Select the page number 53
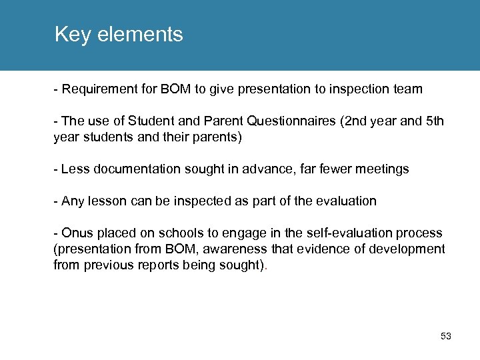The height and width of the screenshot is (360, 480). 446,337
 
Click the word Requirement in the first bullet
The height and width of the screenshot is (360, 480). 95,89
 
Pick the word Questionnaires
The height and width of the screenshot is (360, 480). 291,121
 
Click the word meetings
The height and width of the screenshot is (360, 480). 383,169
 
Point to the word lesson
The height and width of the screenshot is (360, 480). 105,201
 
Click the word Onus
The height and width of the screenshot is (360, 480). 75,233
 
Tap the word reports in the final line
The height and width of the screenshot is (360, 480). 152,265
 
